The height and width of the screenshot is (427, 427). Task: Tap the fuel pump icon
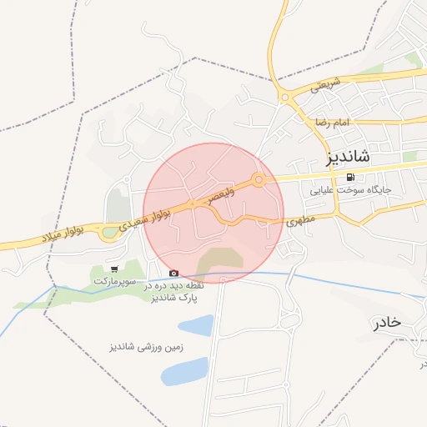click(x=349, y=176)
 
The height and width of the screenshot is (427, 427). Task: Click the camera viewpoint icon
click(x=173, y=273)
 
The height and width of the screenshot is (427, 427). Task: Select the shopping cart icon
click(x=113, y=269)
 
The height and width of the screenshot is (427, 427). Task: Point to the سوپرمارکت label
click(x=113, y=282)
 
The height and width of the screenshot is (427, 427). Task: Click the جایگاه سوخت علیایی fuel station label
click(x=356, y=189)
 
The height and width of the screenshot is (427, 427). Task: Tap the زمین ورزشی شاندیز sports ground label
click(x=146, y=345)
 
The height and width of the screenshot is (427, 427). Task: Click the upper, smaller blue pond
click(x=195, y=325)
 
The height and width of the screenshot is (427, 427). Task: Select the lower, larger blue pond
click(x=184, y=371)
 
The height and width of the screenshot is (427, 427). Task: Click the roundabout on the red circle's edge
click(x=259, y=179)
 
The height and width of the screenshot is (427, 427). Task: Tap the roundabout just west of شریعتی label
click(x=284, y=98)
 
